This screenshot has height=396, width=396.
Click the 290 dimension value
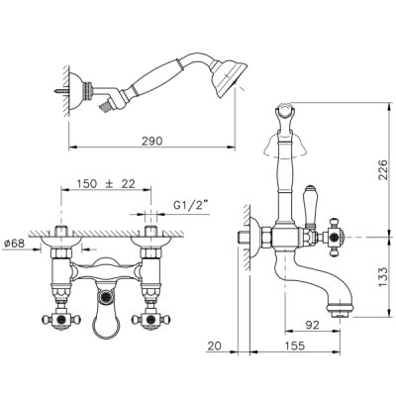click(152, 141)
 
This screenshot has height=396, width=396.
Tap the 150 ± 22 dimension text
click(106, 184)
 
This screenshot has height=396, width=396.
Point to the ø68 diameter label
click(15, 244)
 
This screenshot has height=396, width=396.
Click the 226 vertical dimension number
click(382, 169)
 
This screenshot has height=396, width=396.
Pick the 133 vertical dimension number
click(382, 277)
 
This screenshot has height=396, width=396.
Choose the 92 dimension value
click(312, 325)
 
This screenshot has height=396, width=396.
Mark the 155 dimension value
click(294, 346)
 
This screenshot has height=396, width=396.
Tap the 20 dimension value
click(215, 346)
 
